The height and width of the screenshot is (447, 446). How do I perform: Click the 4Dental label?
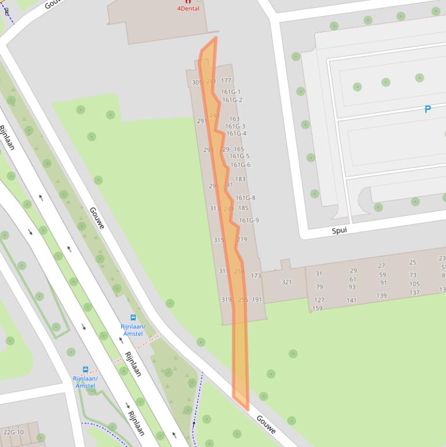188,9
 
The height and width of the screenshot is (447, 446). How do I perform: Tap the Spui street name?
339,230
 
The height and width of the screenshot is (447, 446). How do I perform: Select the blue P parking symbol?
427,109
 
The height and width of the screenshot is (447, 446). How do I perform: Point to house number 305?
197,82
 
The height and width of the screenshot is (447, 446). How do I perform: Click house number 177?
226,81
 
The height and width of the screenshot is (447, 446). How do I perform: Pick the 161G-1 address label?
231,92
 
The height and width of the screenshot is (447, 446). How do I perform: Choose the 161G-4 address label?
236,134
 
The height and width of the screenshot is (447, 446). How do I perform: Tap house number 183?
240,179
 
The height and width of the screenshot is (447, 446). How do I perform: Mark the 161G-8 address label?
245,198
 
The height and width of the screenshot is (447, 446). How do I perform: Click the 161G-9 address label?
249,221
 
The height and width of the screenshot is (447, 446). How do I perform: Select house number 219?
242,239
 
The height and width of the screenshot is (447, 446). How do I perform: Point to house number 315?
218,240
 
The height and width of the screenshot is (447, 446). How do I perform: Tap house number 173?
256,276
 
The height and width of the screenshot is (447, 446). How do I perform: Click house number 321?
287,283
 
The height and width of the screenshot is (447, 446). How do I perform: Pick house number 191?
257,300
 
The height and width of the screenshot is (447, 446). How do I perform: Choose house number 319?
226,300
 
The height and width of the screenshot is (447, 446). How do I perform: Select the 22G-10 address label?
13,432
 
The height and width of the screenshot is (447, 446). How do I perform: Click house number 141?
351,301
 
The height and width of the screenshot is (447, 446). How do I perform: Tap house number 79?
319,287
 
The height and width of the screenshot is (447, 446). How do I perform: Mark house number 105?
414,284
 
